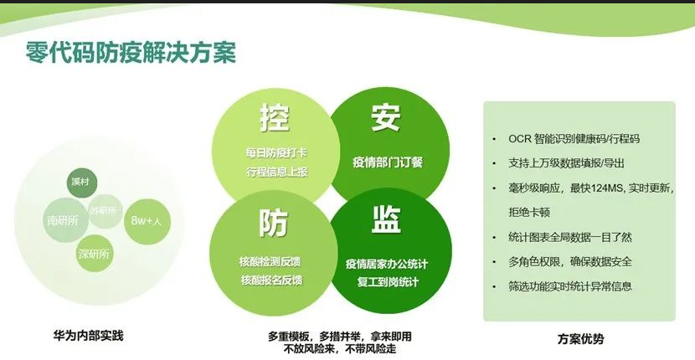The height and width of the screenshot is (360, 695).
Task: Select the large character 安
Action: coord(387,118)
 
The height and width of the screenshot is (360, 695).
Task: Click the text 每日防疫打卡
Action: coord(274,153)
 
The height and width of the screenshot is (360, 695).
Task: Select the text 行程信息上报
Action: coord(274,171)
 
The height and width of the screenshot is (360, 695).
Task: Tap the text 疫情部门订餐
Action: coord(388,162)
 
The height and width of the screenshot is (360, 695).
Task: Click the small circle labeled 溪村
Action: coord(82,183)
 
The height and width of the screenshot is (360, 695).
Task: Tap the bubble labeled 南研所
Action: coord(63,220)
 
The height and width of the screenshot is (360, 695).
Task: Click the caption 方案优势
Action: coord(579,340)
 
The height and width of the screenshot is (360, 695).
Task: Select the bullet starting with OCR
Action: coord(579,138)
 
